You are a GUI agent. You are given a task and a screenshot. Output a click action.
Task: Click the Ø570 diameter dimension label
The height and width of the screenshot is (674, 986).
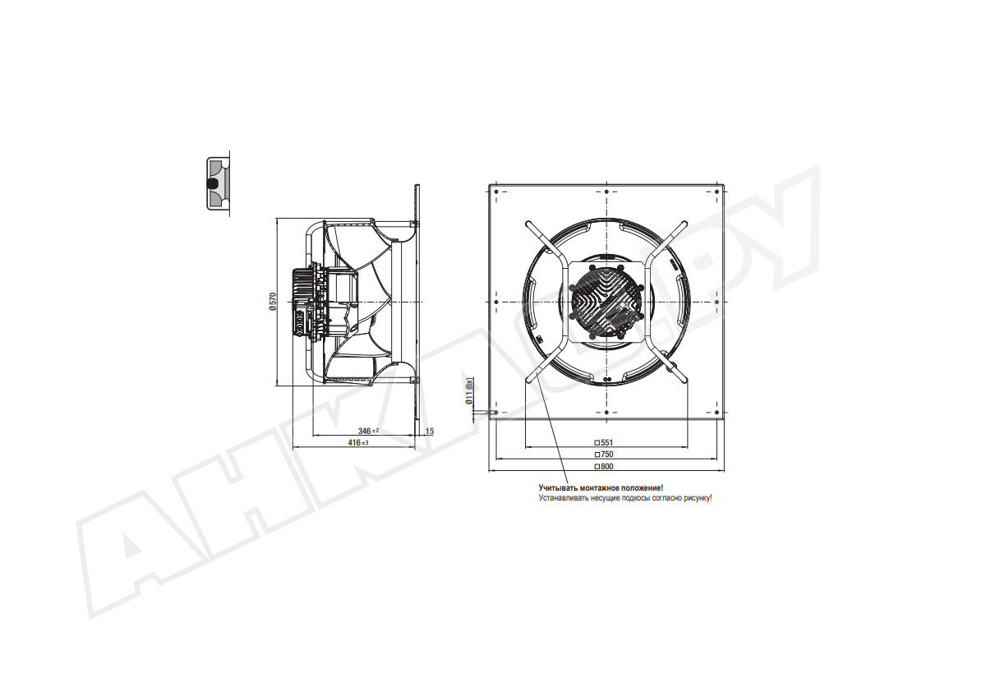[x=273, y=302]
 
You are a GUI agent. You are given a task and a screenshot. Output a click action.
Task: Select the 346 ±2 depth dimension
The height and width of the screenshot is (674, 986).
[x=368, y=431]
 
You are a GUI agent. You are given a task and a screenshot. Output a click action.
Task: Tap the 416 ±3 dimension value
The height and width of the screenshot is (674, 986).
[x=358, y=442]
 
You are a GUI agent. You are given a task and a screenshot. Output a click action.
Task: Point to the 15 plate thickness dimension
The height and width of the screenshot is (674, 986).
[x=430, y=432]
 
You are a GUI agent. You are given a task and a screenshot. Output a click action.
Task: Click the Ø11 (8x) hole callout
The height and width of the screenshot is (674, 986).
[x=470, y=391]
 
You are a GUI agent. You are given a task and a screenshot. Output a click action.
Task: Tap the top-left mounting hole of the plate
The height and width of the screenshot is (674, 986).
[x=496, y=192]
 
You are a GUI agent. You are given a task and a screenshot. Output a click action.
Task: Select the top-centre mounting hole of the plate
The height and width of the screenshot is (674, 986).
[x=606, y=192]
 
